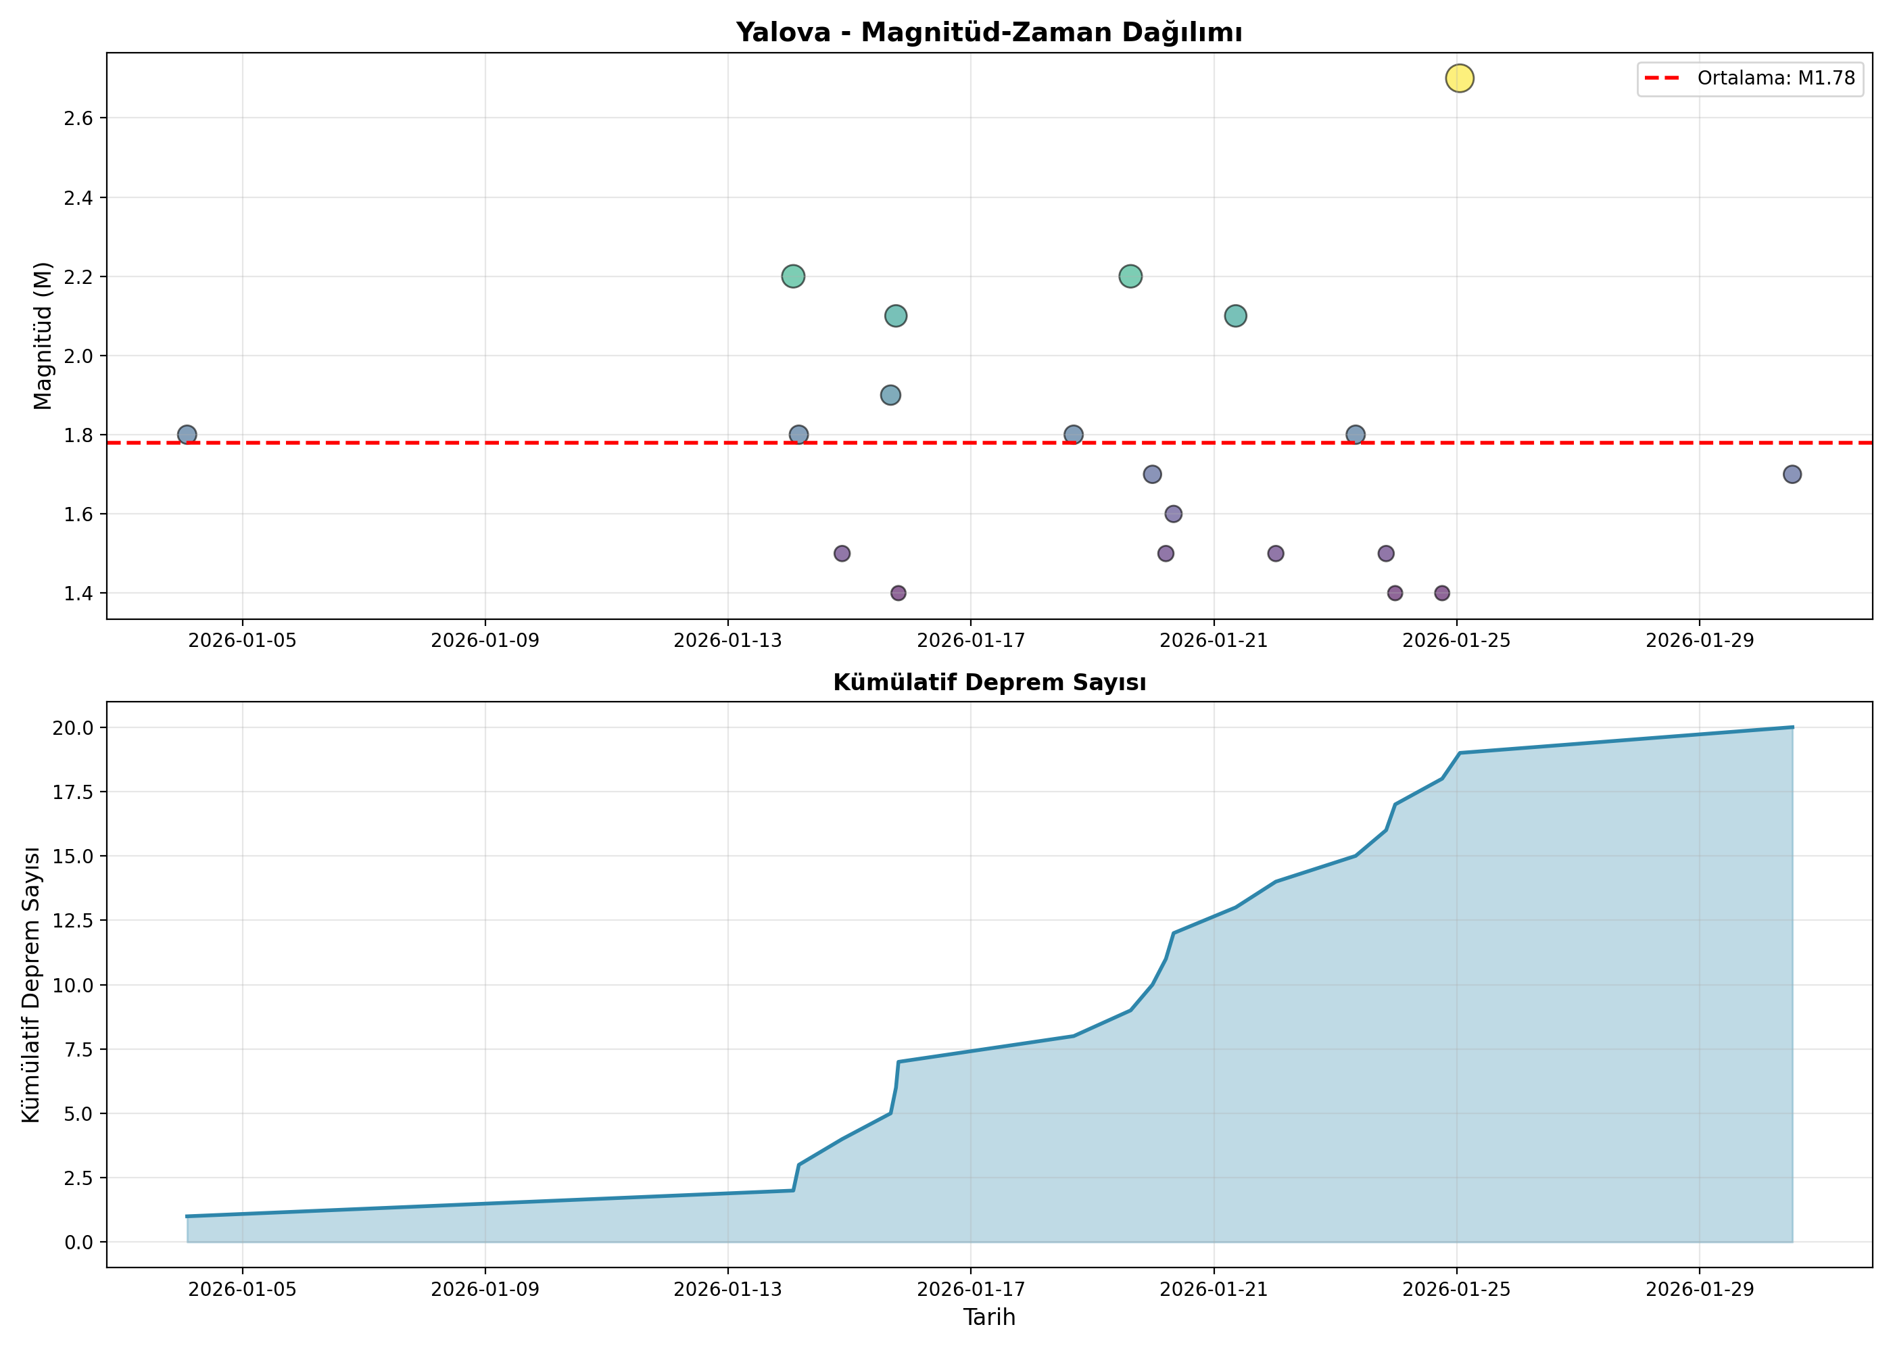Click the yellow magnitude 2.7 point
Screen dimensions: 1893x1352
(x=1459, y=78)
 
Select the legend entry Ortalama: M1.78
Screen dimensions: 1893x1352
(x=1750, y=78)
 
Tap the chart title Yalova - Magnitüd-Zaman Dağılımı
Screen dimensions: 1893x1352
(x=989, y=32)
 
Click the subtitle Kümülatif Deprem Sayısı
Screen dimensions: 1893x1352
(x=989, y=683)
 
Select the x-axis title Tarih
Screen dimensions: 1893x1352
(x=989, y=1317)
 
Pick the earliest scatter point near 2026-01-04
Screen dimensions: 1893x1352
(x=187, y=435)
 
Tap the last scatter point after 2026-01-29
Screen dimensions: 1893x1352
(x=1792, y=475)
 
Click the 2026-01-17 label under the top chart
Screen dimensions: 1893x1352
(x=971, y=640)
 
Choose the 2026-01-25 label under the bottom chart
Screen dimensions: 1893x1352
(x=1457, y=1290)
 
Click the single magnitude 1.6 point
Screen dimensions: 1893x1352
(x=1173, y=514)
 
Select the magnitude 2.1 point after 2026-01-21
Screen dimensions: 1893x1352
(x=1235, y=316)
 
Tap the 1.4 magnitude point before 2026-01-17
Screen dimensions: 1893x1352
(x=898, y=593)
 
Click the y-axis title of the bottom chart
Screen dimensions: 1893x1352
(x=32, y=984)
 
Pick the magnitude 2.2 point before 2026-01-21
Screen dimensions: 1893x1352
(x=1130, y=276)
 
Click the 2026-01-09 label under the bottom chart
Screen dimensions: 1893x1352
(x=485, y=1290)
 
